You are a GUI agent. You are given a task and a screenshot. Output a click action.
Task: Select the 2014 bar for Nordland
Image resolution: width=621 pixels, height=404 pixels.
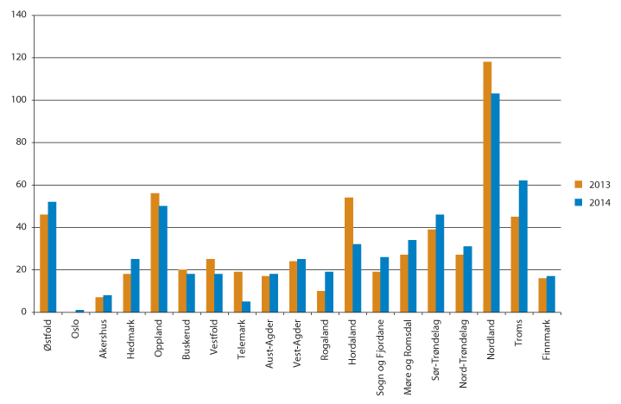(x=496, y=202)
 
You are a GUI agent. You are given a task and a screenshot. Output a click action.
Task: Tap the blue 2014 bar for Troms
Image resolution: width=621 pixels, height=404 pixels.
(x=523, y=246)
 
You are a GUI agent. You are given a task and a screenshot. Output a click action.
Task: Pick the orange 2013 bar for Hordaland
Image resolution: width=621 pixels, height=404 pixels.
(x=349, y=255)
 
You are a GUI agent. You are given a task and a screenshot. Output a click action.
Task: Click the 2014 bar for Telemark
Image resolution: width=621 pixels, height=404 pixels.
(x=246, y=306)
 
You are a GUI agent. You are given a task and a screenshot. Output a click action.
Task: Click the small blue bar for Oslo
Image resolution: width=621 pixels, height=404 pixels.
(x=80, y=311)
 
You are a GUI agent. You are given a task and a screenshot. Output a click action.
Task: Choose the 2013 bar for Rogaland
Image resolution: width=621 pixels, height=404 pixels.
(x=321, y=301)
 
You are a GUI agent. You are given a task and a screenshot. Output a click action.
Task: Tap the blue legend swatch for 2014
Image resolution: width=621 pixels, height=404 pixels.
(x=580, y=201)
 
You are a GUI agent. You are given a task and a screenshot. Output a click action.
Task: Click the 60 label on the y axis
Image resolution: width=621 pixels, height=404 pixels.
(x=20, y=185)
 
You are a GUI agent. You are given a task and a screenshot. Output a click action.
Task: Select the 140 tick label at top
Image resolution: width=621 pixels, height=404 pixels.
(x=18, y=16)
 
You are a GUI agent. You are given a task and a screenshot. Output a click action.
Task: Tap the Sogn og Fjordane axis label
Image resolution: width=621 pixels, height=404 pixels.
(x=379, y=356)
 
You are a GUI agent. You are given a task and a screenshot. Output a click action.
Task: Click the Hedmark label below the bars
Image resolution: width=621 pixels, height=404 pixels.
(x=130, y=338)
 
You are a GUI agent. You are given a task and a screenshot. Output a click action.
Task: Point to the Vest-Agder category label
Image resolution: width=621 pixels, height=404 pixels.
(x=296, y=339)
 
